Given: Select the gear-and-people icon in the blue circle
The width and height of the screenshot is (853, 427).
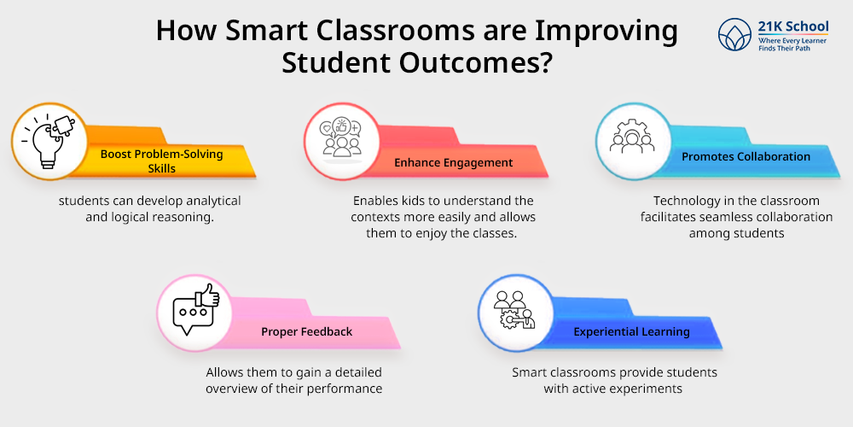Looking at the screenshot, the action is tap(631, 137).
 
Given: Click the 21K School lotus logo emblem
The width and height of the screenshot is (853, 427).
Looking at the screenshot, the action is tap(734, 34).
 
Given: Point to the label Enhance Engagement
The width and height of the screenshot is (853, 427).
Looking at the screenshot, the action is tap(453, 162).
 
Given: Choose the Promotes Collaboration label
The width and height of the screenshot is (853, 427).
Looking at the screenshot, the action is tap(746, 157).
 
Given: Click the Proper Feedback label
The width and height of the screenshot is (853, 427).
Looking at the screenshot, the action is tap(307, 331).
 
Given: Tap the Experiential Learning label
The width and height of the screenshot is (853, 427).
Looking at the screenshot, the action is tap(631, 331).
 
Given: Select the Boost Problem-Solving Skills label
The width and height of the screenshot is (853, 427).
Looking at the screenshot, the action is tap(161, 161).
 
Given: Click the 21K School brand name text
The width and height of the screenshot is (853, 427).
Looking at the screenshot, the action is tap(793, 26).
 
